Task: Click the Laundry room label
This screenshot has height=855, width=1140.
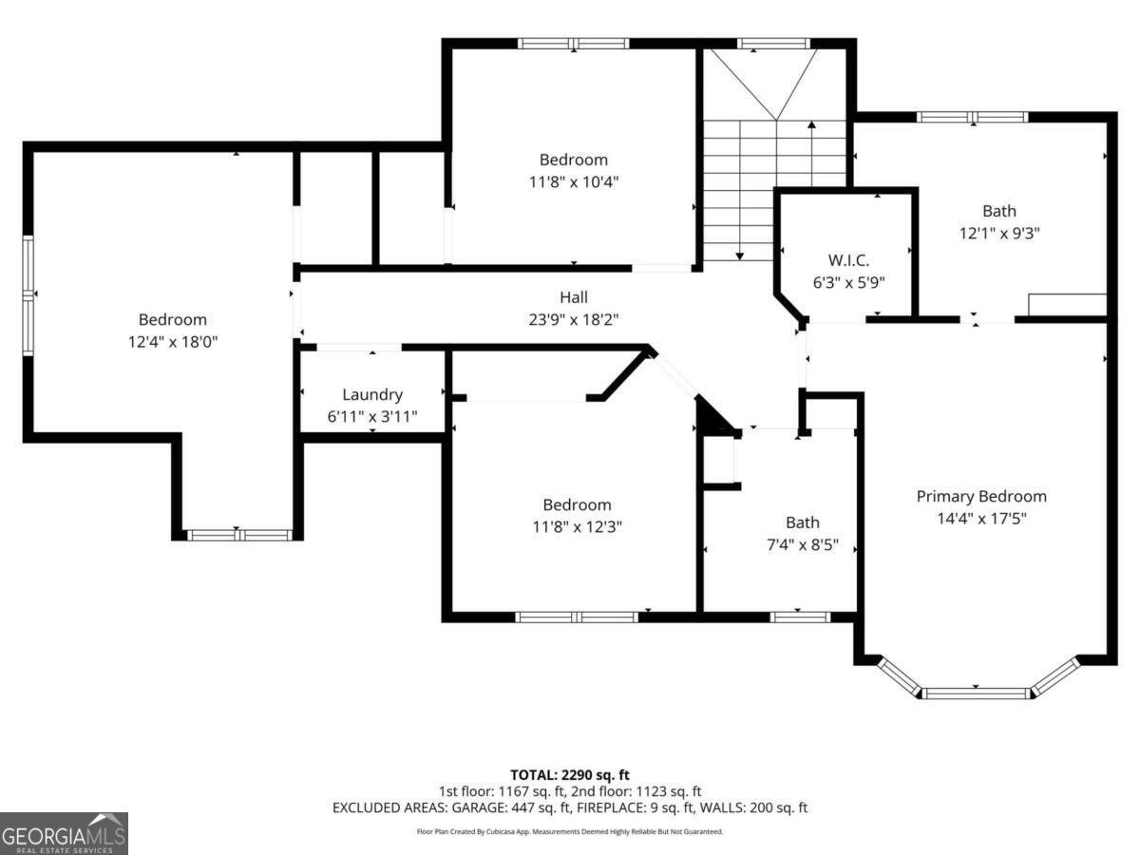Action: coord(372,395)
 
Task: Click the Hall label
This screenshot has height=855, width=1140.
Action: coord(573,298)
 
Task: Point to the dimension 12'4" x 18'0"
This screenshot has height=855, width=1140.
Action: coord(172,341)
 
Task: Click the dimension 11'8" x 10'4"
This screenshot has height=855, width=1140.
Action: coord(573,180)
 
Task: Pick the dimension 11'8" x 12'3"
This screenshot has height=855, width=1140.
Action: coord(577,525)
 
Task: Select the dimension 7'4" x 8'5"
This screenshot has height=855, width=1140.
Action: coord(802,544)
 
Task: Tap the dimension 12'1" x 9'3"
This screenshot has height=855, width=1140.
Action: coord(998,233)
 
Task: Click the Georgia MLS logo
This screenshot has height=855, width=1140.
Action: coord(64,833)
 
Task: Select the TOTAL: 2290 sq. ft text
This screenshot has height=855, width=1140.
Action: coord(570,773)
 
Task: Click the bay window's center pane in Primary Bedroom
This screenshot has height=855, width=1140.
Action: coord(977,693)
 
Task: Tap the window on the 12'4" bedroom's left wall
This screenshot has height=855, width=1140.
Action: coord(28,295)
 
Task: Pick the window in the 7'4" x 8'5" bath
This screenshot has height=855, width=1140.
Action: coord(800,617)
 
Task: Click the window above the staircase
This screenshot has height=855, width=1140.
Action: coord(774,44)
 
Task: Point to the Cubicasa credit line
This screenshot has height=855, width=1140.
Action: coord(570,831)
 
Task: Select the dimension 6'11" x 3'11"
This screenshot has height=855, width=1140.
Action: coord(372,416)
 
